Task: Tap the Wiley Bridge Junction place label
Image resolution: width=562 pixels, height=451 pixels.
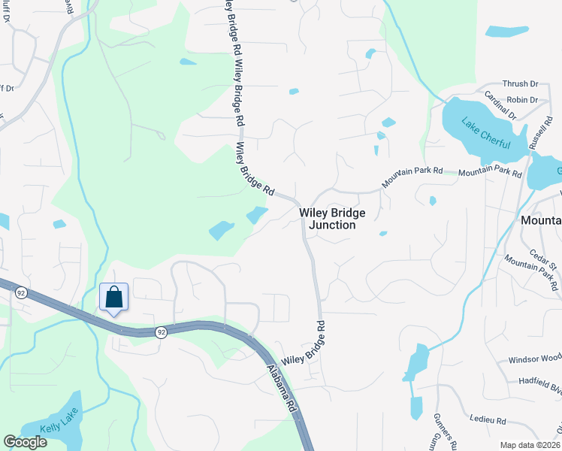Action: click(x=332, y=219)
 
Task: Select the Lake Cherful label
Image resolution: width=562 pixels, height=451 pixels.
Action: click(x=485, y=134)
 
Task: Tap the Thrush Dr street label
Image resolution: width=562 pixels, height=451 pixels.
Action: click(x=521, y=84)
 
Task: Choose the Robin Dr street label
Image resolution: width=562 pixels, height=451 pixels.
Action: click(x=522, y=99)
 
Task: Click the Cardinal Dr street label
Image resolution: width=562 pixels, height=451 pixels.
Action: click(x=500, y=105)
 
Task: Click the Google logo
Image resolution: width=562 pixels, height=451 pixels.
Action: click(x=25, y=442)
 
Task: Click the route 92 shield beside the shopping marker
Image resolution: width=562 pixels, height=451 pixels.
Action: click(x=161, y=331)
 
